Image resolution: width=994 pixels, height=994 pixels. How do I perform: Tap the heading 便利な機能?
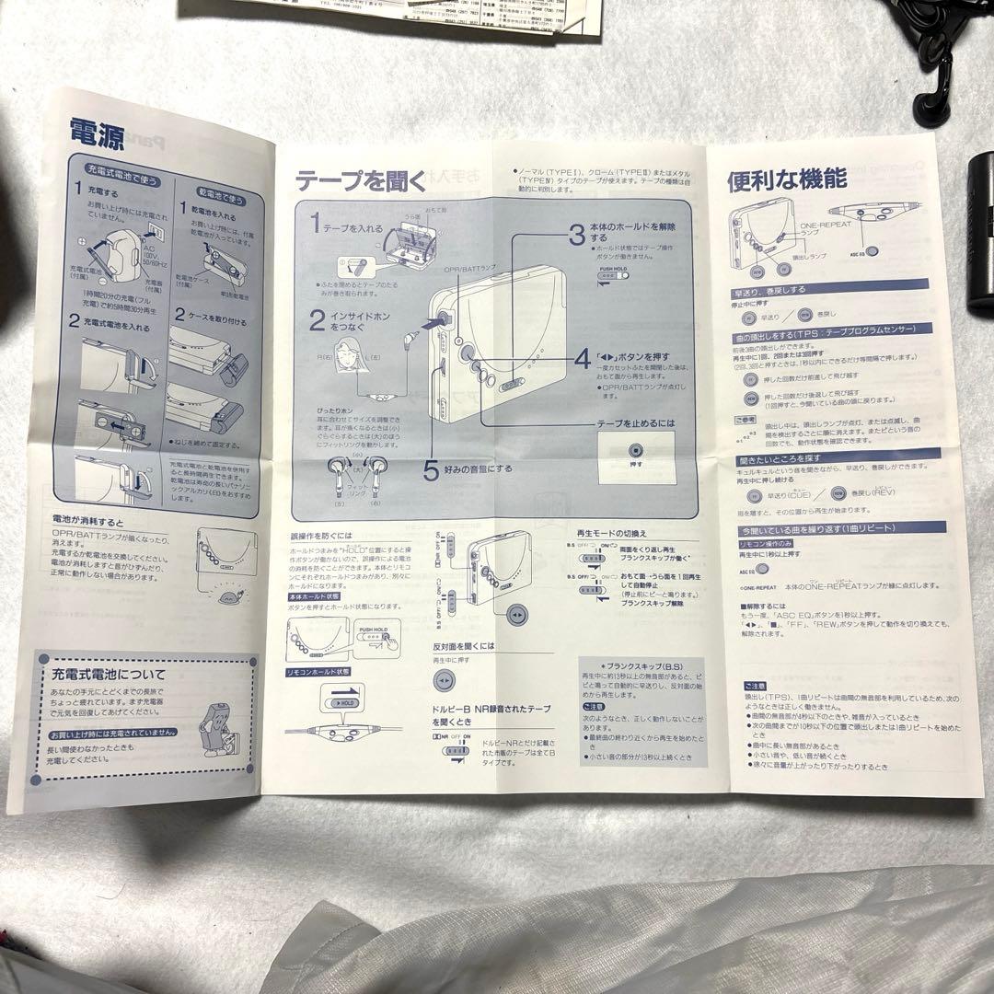pos(774,181)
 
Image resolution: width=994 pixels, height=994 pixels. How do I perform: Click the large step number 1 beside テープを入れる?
pos(315,223)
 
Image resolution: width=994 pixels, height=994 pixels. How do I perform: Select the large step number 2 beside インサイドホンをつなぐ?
pos(316,320)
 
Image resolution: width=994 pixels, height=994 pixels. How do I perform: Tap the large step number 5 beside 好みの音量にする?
pos(432,470)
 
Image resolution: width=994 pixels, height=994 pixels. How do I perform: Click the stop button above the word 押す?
pos(635,451)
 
